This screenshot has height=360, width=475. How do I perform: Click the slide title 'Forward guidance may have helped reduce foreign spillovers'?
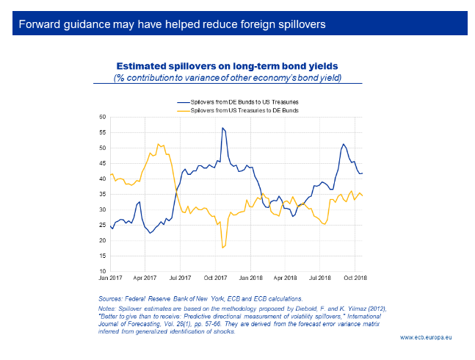point(173,24)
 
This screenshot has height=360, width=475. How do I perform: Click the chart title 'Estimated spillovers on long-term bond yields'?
point(227,66)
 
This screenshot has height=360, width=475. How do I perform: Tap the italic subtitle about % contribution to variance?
point(228,78)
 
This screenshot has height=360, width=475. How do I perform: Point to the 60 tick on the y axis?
point(102,117)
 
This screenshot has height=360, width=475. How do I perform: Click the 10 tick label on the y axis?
point(102,271)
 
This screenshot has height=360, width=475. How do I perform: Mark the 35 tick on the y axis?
point(102,194)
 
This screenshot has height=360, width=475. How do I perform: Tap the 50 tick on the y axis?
point(102,148)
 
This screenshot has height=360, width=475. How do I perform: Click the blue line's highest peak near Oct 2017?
point(222,128)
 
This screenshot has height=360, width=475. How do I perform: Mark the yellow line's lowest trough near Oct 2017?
point(222,248)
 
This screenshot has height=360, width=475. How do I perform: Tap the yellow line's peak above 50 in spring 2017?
point(159,144)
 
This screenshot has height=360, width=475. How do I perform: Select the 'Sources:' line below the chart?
point(200,298)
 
